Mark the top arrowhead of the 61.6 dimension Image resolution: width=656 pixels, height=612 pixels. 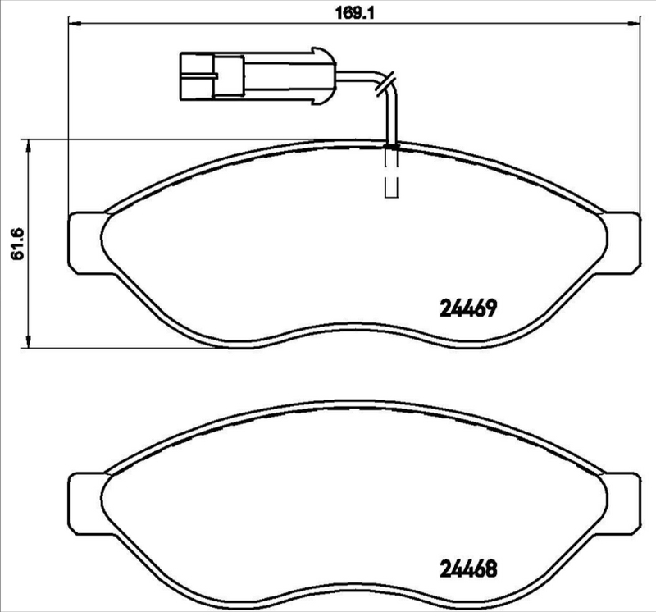30,145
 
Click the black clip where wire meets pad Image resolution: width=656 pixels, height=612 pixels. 392,147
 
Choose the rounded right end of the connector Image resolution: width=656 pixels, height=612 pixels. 328,78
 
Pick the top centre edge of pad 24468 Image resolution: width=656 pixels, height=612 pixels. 353,402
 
